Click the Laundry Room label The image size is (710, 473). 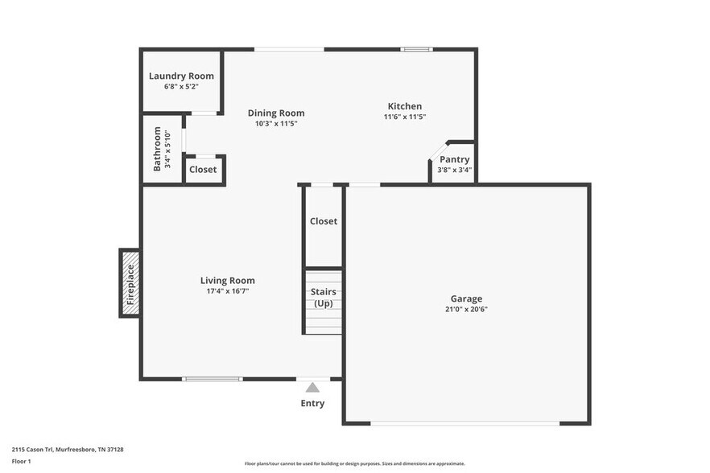pyautogui.click(x=181, y=76)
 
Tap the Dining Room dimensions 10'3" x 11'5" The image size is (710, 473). pyautogui.click(x=276, y=124)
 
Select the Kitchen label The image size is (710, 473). pyautogui.click(x=404, y=106)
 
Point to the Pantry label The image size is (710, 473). pyautogui.click(x=454, y=159)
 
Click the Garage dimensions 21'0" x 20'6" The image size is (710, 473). pyautogui.click(x=466, y=309)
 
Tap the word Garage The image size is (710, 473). pyautogui.click(x=466, y=298)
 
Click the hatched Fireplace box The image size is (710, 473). pyautogui.click(x=130, y=283)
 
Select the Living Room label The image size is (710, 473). pyautogui.click(x=227, y=281)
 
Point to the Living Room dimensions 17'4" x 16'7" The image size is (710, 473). pyautogui.click(x=227, y=291)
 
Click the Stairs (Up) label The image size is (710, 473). pyautogui.click(x=323, y=298)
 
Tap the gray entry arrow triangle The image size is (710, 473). pyautogui.click(x=312, y=388)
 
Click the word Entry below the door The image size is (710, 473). pyautogui.click(x=312, y=403)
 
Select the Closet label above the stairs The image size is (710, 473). pyautogui.click(x=323, y=221)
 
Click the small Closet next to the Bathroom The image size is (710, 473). pyautogui.click(x=203, y=170)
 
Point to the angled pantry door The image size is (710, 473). pyautogui.click(x=437, y=150)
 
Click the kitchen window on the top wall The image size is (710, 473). pyautogui.click(x=417, y=50)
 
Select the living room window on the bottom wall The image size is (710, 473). pyautogui.click(x=212, y=378)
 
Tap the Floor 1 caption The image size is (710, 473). pyautogui.click(x=21, y=461)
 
